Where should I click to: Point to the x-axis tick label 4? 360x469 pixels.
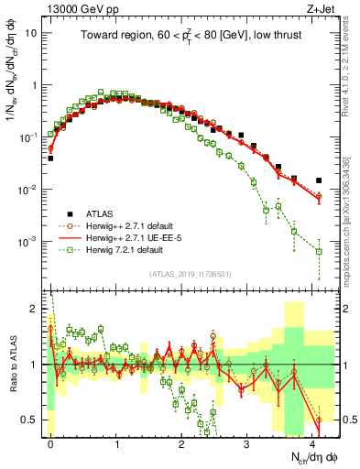coord(312,441)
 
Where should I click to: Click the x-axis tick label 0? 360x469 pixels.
coord(50,441)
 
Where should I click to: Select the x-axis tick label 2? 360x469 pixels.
coord(181,441)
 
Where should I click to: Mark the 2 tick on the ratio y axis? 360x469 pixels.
coord(34,308)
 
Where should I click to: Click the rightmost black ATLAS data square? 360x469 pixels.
coord(319,180)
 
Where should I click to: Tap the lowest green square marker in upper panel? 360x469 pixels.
coord(319,251)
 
